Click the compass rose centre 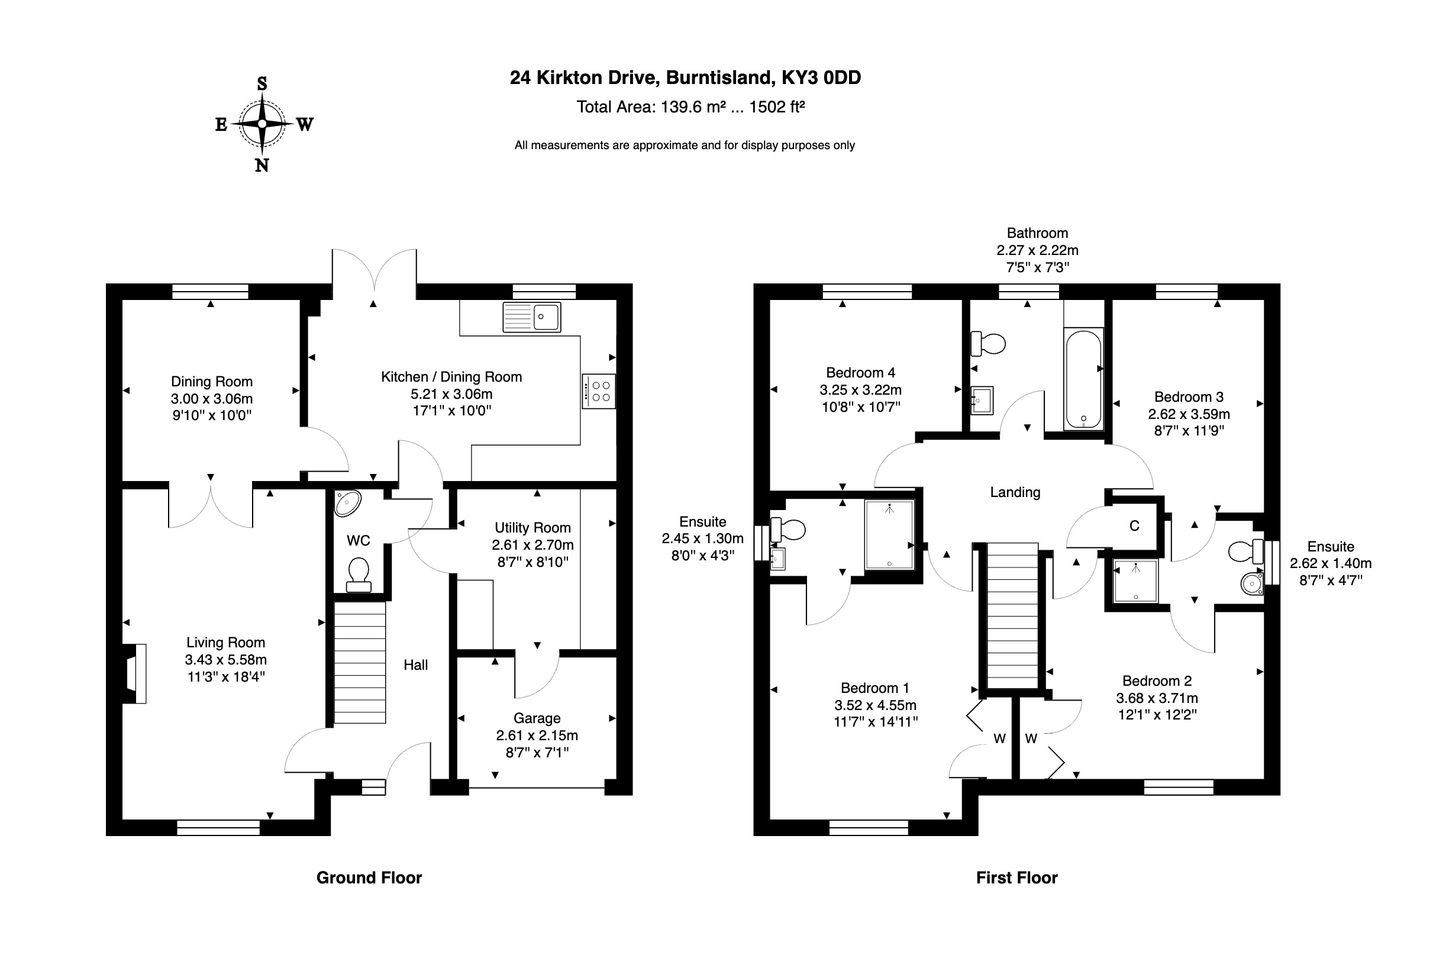262,124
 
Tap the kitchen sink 532,317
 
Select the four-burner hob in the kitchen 598,391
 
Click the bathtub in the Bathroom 1083,379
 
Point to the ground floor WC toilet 359,576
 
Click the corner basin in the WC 348,504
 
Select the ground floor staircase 359,662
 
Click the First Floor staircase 1012,615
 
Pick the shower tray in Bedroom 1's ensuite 889,535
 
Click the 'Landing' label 1015,492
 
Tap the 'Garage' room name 537,718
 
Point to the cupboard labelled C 1134,525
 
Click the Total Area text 690,107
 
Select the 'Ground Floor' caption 369,877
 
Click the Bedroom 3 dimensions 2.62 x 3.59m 1188,414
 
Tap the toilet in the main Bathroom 987,344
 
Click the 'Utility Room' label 533,527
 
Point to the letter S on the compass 262,83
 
